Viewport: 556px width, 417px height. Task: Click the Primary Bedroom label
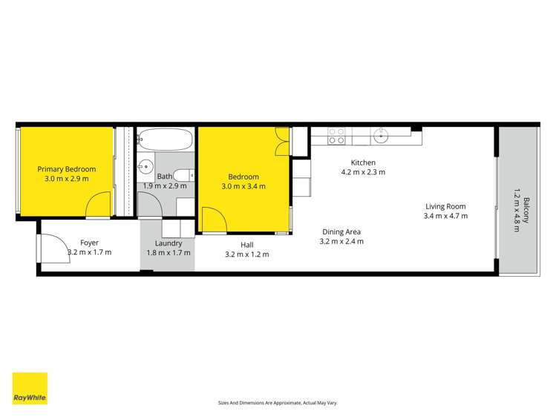point(67,169)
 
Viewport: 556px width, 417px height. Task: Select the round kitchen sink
point(382,136)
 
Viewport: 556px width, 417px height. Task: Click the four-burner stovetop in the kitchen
point(336,136)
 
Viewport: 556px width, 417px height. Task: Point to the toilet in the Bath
point(189,176)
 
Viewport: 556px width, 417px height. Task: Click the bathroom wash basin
point(146,165)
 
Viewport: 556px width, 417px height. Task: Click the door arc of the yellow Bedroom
point(214,219)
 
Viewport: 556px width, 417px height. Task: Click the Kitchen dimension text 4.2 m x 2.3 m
point(363,172)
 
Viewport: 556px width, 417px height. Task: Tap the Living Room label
point(445,206)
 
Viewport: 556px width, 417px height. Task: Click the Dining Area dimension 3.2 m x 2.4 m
point(341,241)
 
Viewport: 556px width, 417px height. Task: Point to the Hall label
point(246,244)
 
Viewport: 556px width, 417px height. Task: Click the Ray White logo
point(30,389)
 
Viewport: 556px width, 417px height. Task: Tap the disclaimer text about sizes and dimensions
point(278,402)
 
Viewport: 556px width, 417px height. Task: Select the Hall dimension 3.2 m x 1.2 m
point(246,255)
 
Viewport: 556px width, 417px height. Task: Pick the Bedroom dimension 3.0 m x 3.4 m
point(243,187)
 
